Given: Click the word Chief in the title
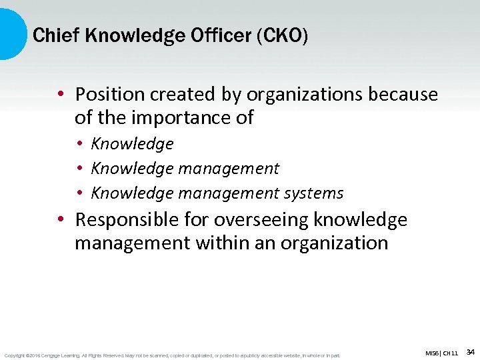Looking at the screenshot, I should [x=54, y=35].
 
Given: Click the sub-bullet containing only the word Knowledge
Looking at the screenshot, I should [x=132, y=144].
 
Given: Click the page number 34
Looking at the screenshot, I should [x=470, y=351].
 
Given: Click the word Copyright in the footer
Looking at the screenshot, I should [x=15, y=355].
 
